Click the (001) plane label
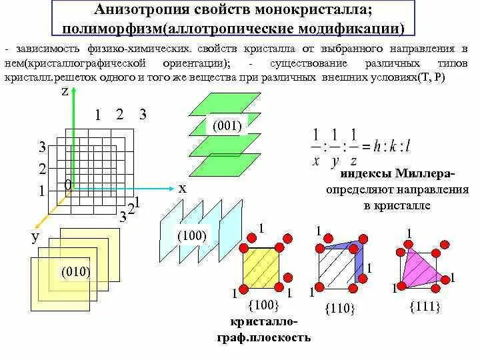227,125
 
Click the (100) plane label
192,235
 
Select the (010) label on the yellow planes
75,271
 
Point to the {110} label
340,309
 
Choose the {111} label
423,305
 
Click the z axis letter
65,93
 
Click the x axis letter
181,189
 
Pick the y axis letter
34,237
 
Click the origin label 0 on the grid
67,185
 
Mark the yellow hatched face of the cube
263,268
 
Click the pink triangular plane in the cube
420,267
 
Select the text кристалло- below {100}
263,322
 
